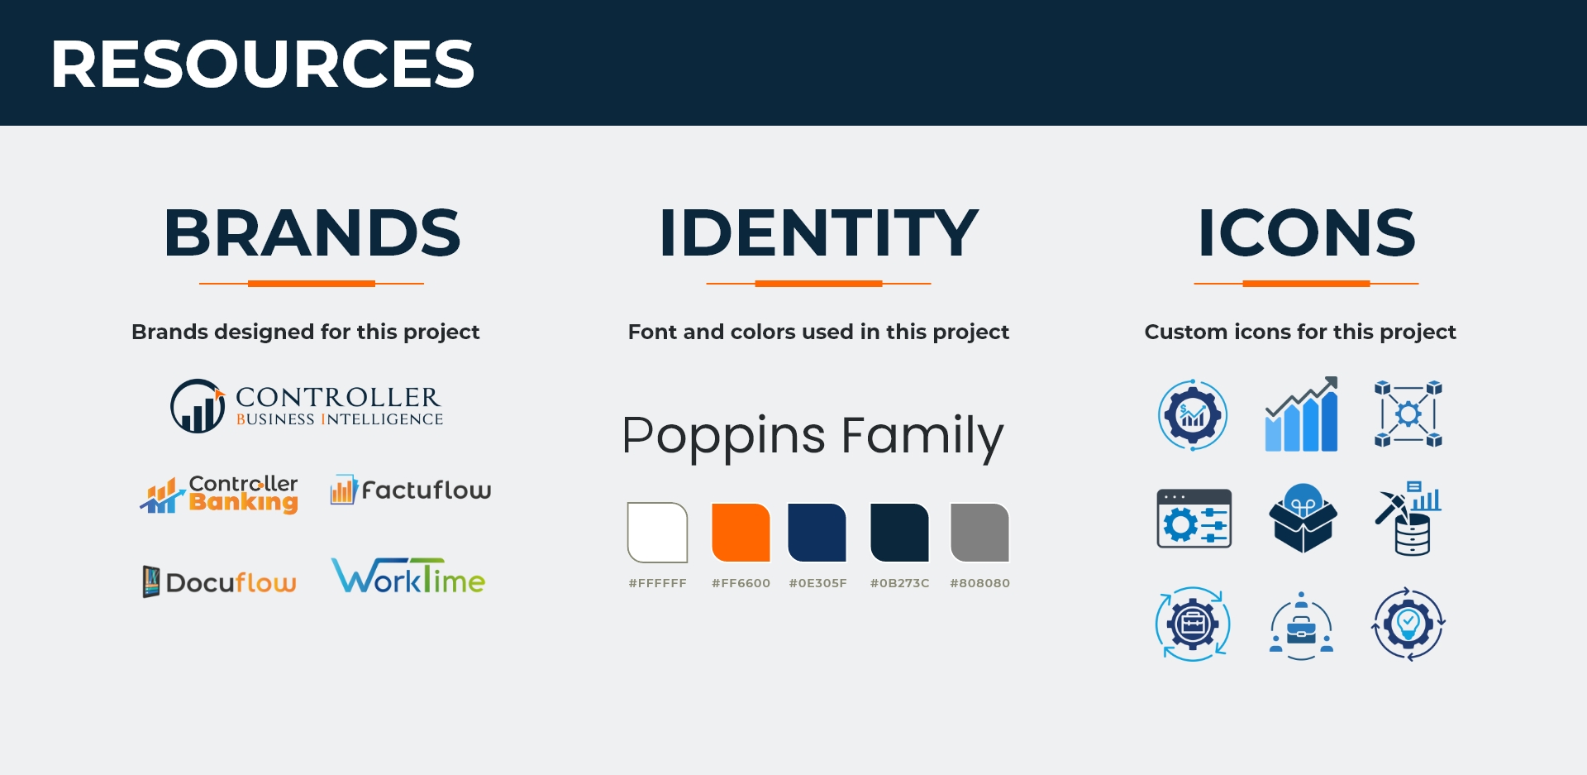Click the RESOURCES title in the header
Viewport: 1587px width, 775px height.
pyautogui.click(x=262, y=64)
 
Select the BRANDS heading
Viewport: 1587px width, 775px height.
pyautogui.click(x=312, y=233)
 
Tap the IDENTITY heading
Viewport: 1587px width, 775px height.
pyautogui.click(x=818, y=233)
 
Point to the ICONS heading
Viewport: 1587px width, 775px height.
pyautogui.click(x=1307, y=233)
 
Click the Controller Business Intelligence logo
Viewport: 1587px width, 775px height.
pyautogui.click(x=307, y=406)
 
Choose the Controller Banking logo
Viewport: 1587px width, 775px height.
pyautogui.click(x=219, y=495)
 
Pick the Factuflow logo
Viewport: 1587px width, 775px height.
pyautogui.click(x=411, y=490)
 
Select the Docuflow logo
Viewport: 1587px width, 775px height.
pyautogui.click(x=219, y=581)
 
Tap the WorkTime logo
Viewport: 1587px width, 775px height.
pyautogui.click(x=408, y=576)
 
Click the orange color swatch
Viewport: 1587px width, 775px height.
pyautogui.click(x=741, y=533)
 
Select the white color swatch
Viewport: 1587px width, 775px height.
pyautogui.click(x=658, y=533)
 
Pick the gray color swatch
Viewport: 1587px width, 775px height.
pyautogui.click(x=980, y=533)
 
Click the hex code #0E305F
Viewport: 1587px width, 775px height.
pyautogui.click(x=818, y=583)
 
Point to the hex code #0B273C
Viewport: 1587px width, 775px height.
pyautogui.click(x=900, y=583)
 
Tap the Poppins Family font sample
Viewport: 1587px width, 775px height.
pyautogui.click(x=813, y=437)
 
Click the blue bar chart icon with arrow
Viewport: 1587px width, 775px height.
pyautogui.click(x=1302, y=414)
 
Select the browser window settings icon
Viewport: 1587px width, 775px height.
pyautogui.click(x=1194, y=519)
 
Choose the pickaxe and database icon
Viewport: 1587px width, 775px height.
pyautogui.click(x=1408, y=519)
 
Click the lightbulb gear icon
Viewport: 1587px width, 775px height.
pyautogui.click(x=1408, y=624)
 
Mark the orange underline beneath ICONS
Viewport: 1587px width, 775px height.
pyautogui.click(x=1306, y=284)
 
